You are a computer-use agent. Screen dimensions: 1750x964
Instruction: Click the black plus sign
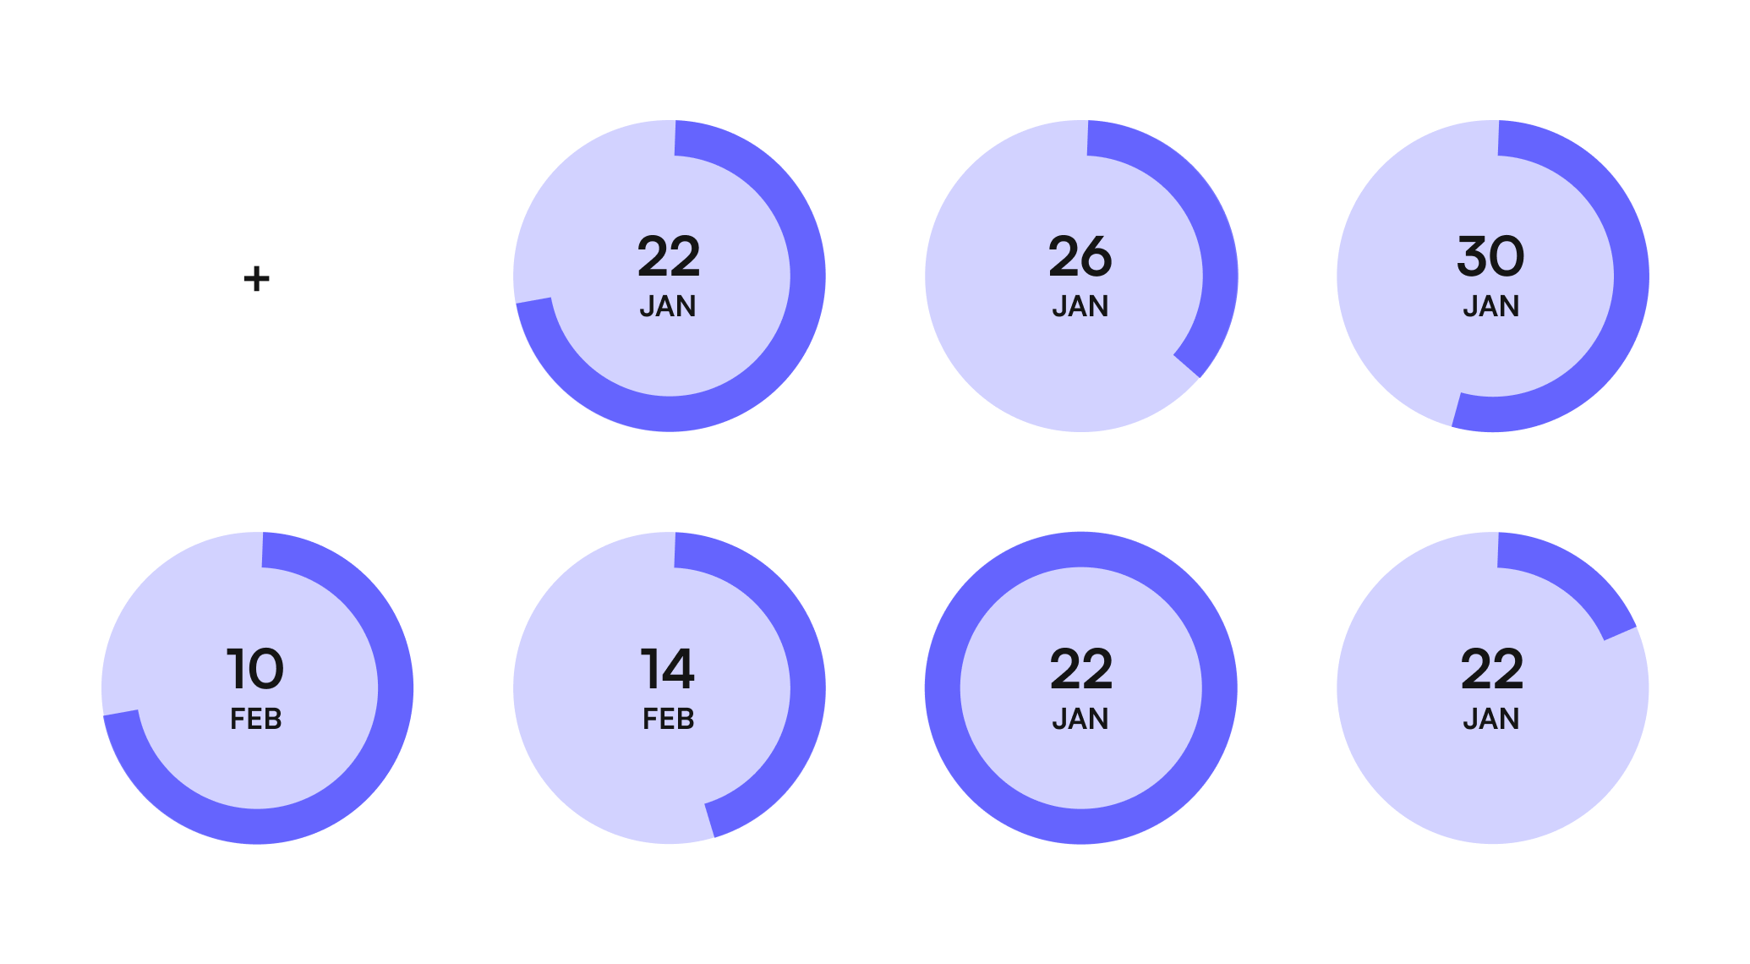(256, 278)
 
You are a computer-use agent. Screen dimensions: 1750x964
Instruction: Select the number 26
(1080, 256)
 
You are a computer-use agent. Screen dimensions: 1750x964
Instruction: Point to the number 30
(1491, 256)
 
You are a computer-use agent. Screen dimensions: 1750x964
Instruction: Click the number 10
(255, 669)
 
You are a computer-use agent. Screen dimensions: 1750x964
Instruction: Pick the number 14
(668, 669)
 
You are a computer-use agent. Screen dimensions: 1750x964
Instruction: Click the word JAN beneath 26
(1080, 306)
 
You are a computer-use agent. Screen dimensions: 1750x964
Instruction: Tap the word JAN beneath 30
(1491, 306)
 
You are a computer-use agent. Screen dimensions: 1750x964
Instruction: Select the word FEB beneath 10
(255, 719)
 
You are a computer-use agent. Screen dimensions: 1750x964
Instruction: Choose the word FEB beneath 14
(668, 719)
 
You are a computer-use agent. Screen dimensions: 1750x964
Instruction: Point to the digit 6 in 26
(1096, 256)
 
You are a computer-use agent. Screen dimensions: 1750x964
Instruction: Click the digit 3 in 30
(1474, 256)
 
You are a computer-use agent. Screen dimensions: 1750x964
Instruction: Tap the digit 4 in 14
(678, 669)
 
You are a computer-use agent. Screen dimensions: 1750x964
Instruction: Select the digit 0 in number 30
(1508, 256)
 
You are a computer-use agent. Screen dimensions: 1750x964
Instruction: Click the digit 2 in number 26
(1064, 256)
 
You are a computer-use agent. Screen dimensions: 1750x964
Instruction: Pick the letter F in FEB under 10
(238, 719)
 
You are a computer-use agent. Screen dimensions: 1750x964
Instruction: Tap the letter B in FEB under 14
(686, 719)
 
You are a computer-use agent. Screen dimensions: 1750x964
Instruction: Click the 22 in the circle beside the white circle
(669, 256)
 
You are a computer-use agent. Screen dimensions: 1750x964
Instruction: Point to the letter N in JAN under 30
(1510, 306)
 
